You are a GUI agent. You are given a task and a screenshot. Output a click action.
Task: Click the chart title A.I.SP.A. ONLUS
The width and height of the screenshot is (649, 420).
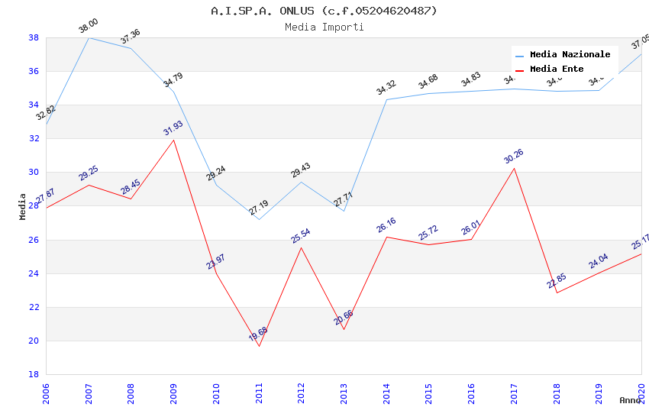(324, 11)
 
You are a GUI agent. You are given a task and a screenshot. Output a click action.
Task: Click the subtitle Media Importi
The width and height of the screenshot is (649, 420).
(324, 27)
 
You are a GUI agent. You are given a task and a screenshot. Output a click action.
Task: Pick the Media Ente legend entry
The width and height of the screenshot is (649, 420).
(557, 69)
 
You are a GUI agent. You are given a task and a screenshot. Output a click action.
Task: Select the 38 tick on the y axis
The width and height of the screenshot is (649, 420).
(34, 37)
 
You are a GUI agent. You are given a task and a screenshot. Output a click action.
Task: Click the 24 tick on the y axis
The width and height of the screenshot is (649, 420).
(34, 273)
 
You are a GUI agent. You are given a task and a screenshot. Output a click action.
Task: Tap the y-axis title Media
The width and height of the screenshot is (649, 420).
(23, 206)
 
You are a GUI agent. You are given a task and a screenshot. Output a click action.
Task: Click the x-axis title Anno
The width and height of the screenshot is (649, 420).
(630, 400)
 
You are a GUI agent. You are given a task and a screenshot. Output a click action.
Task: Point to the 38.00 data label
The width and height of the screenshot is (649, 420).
(89, 27)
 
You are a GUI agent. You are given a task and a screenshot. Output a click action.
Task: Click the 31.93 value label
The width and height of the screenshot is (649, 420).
(173, 128)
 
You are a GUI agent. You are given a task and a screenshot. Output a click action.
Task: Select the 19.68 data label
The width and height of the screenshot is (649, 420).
(258, 334)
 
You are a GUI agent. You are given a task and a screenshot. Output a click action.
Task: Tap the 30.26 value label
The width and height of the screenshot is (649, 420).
(514, 157)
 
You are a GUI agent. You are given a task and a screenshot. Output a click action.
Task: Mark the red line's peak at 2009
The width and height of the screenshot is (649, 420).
(174, 140)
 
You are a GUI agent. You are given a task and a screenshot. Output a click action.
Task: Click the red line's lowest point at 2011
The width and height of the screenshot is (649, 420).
(259, 346)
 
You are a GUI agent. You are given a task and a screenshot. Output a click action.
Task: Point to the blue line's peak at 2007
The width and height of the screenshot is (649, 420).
(89, 37)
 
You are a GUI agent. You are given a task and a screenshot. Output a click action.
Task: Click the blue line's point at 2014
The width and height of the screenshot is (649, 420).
(386, 99)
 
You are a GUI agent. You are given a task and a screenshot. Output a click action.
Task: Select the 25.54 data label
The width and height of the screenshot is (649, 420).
(301, 236)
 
